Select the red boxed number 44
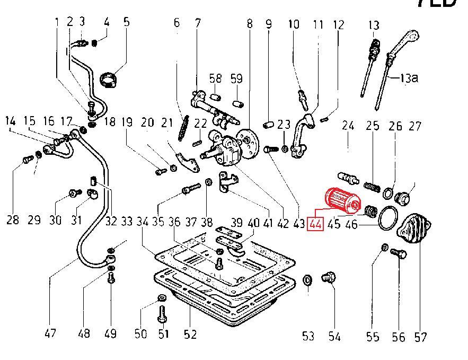point(315,224)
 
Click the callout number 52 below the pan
point(190,334)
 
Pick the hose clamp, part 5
point(110,81)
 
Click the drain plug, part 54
point(329,278)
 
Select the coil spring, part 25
point(373,187)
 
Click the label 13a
point(409,78)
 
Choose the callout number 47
point(50,334)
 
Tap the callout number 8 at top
point(249,24)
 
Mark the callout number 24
point(348,126)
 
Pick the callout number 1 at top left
point(57,22)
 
